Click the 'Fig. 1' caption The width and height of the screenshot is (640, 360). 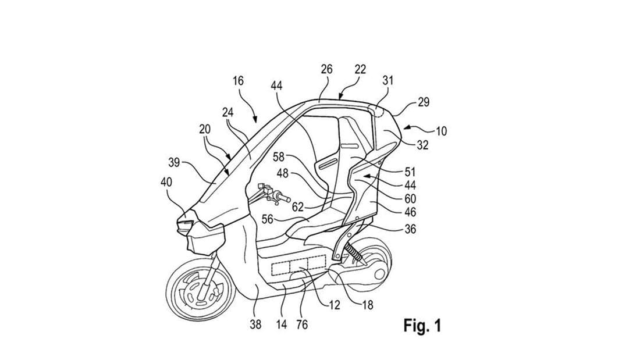(422, 325)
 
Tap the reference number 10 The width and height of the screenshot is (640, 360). (441, 131)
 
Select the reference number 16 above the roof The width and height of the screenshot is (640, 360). (239, 81)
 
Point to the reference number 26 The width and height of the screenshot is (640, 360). (326, 69)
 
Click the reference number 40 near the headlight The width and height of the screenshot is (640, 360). (166, 182)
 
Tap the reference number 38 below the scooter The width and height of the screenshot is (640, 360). (255, 325)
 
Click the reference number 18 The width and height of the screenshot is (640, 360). (367, 304)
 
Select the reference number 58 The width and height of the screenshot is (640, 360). (279, 156)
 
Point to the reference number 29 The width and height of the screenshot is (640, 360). (423, 102)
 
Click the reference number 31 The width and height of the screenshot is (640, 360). (387, 80)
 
